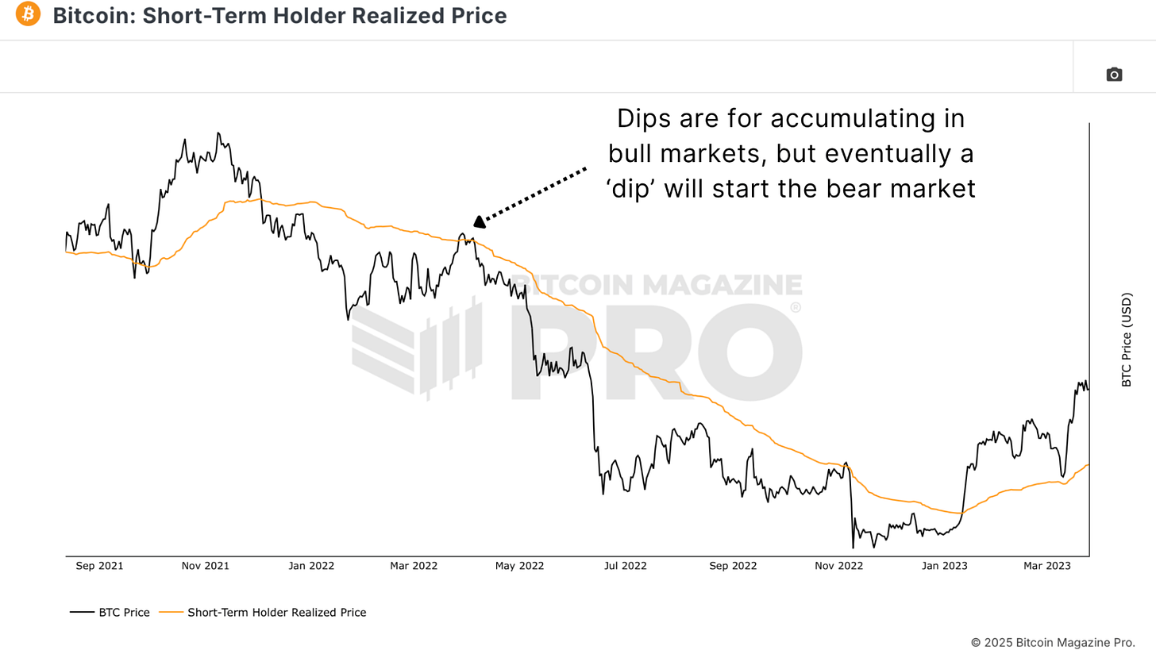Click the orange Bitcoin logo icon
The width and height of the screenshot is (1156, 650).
click(x=28, y=14)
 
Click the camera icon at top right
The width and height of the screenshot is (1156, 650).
click(x=1114, y=75)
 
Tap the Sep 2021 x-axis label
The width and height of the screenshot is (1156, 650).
click(x=99, y=566)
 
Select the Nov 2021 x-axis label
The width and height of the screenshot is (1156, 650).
click(x=205, y=566)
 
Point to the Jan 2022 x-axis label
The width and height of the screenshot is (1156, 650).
click(x=310, y=566)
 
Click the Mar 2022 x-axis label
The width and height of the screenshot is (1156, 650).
click(x=414, y=566)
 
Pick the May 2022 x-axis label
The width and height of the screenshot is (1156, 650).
click(x=519, y=566)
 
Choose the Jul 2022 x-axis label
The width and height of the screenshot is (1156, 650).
click(x=625, y=566)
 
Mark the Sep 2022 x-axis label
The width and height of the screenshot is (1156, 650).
click(x=733, y=566)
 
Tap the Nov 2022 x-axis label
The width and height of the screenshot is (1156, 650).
click(x=838, y=566)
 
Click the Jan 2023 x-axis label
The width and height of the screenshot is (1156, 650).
click(x=944, y=566)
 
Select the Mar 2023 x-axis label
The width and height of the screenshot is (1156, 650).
click(x=1046, y=566)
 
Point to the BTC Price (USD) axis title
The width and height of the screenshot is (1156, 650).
click(x=1126, y=340)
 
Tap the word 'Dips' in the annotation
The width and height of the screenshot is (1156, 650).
click(x=642, y=119)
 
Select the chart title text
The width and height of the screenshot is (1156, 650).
click(x=279, y=15)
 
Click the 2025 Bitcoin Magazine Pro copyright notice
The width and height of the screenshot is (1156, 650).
click(x=1053, y=642)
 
